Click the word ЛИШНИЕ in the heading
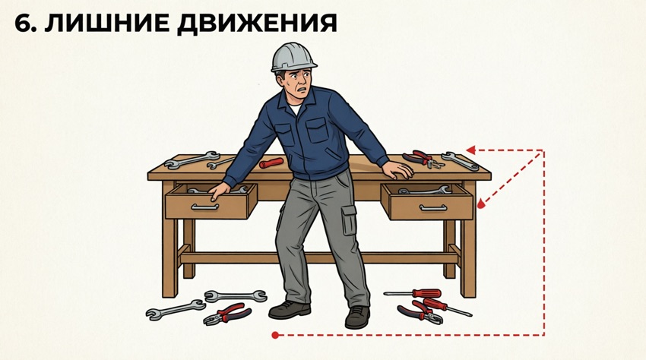[x=106, y=23]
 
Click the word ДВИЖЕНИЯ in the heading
[x=258, y=24]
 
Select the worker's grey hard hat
[x=293, y=57]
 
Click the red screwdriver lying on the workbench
[x=271, y=163]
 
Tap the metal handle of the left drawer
[x=204, y=207]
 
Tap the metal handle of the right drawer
[x=433, y=207]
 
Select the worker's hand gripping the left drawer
[x=218, y=191]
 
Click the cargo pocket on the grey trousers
[x=349, y=220]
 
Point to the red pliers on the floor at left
[x=226, y=314]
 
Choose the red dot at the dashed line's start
[x=276, y=335]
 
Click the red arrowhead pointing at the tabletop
[x=471, y=150]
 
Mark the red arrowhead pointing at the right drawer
[x=482, y=203]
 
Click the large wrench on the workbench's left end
[x=192, y=159]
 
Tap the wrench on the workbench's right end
[x=461, y=161]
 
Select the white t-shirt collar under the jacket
[x=295, y=109]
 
